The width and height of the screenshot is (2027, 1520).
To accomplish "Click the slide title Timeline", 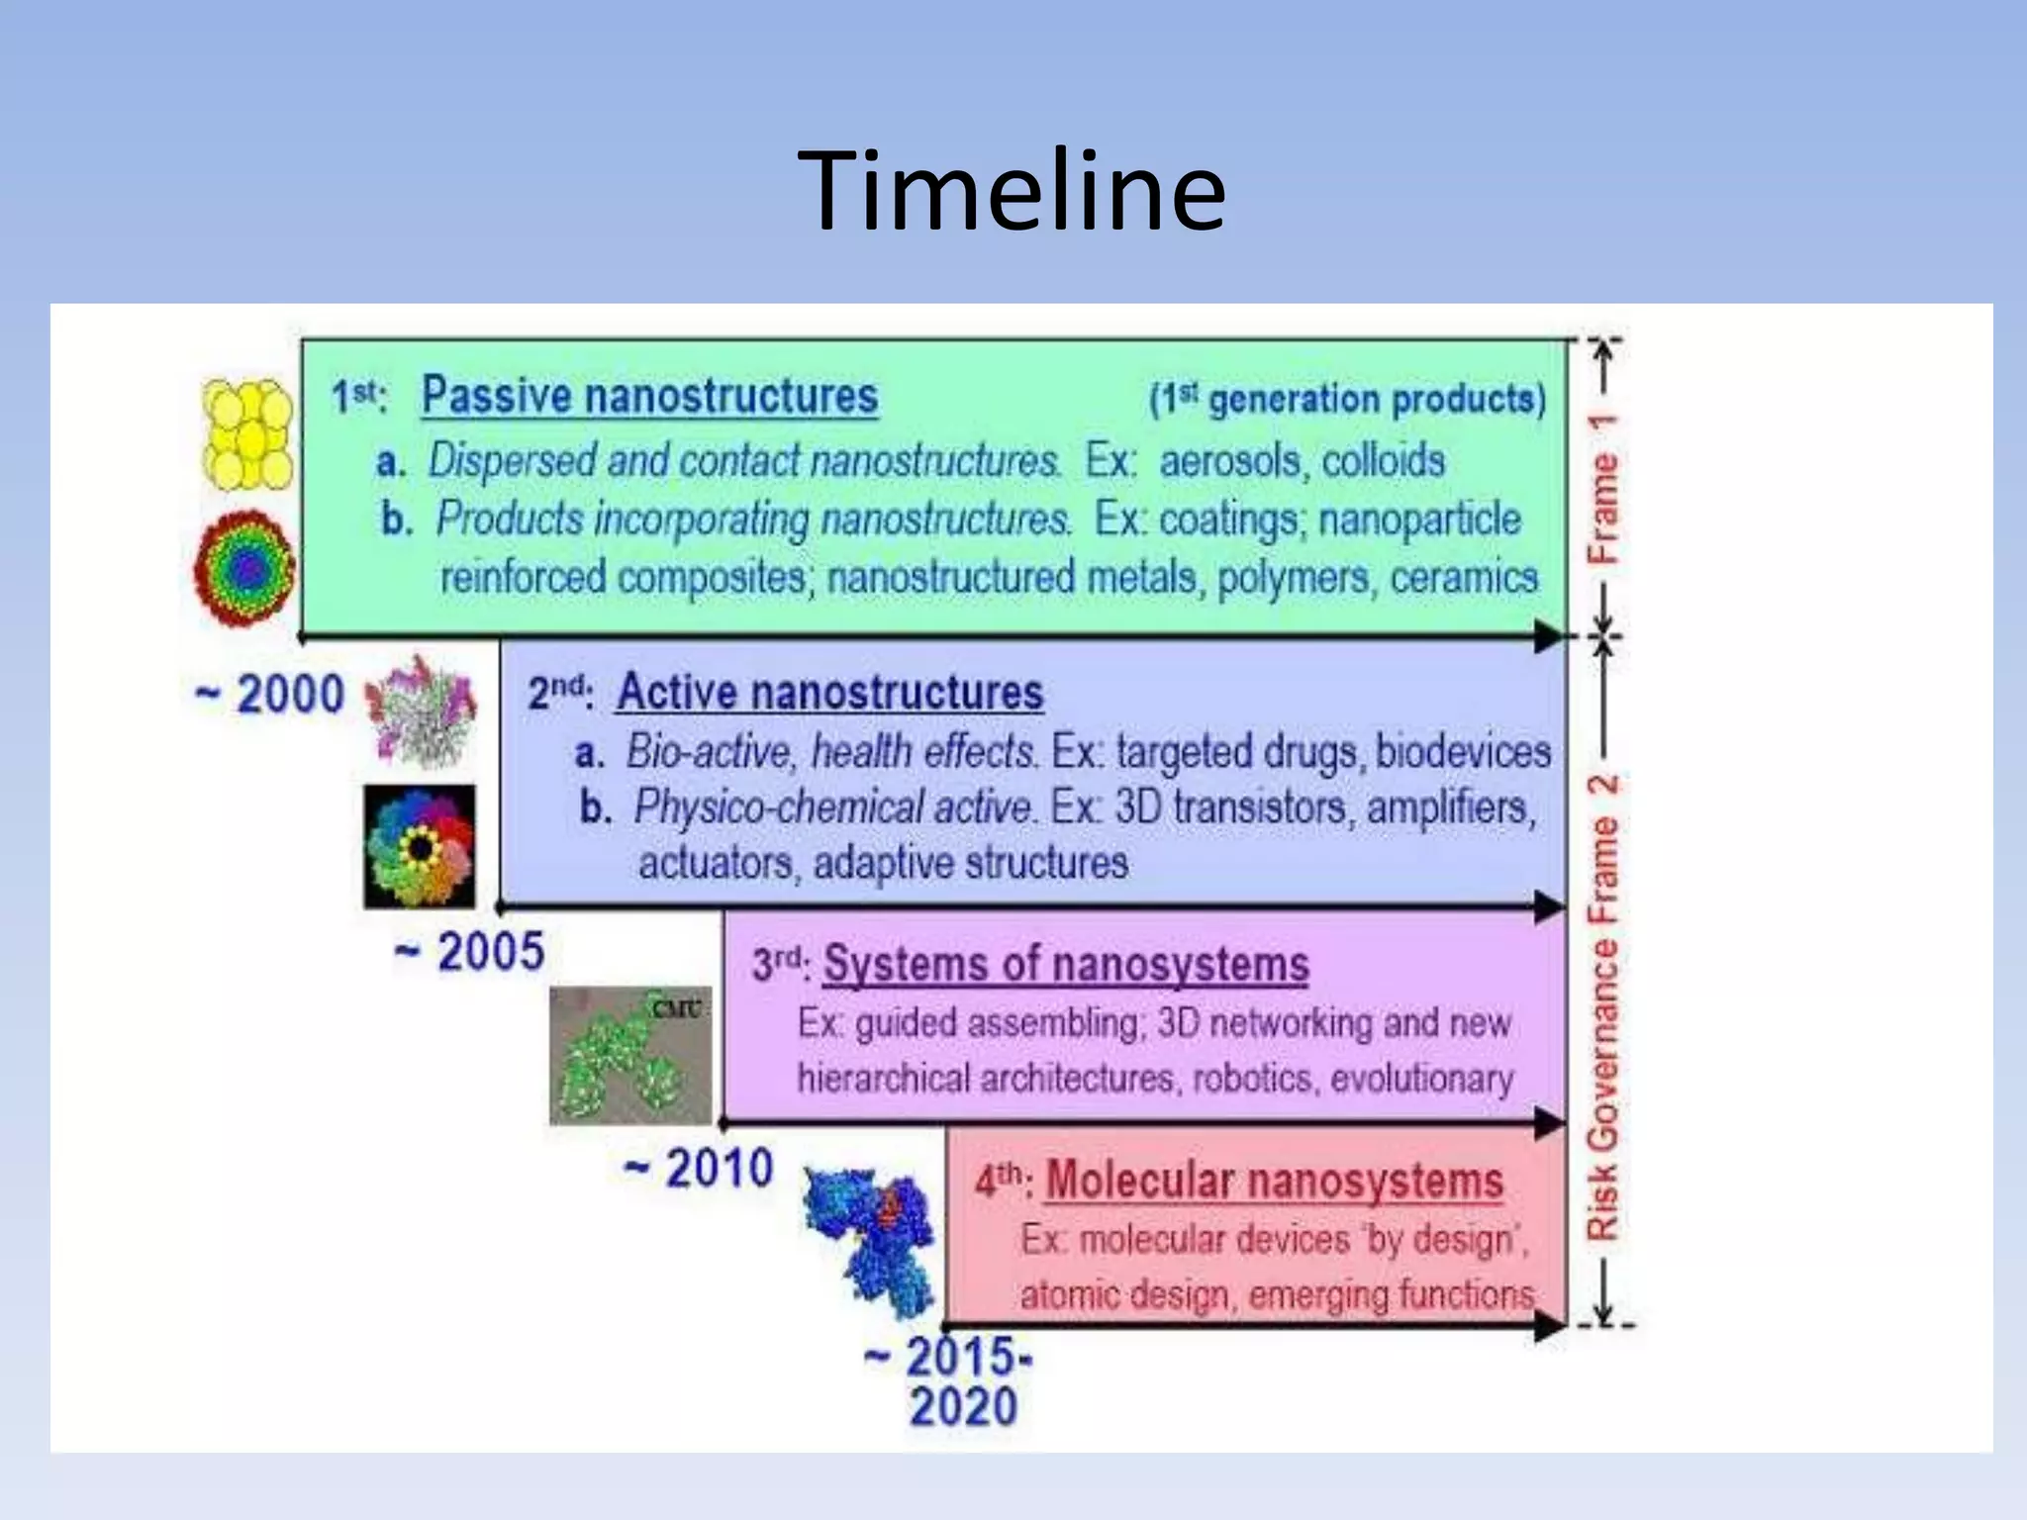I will [x=1012, y=191].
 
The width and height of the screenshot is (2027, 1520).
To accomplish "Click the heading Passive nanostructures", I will [x=649, y=396].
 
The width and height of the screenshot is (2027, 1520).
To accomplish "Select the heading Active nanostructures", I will [x=829, y=692].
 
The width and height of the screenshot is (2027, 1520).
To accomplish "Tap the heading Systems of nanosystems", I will [x=1066, y=964].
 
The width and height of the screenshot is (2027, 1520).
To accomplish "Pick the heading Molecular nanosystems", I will [x=1275, y=1181].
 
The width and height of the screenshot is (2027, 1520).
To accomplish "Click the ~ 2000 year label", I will [x=270, y=694].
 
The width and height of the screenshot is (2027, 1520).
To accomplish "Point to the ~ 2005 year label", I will [x=470, y=952].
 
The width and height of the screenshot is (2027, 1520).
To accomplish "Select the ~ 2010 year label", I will [x=699, y=1169].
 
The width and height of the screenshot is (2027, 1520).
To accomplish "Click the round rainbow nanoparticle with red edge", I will [x=244, y=569].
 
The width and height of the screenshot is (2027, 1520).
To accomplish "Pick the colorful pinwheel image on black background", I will [x=420, y=847].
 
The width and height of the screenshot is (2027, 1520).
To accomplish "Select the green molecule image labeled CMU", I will [x=630, y=1056].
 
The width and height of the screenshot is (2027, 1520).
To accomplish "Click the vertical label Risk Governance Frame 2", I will [x=1603, y=1004].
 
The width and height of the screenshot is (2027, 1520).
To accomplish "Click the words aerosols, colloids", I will [x=1302, y=461].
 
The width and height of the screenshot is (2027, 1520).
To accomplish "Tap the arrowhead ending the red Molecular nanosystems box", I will [x=1549, y=1326].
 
